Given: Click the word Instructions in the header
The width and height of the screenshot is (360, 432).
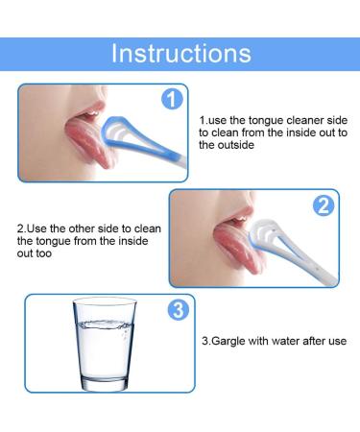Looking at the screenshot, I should pyautogui.click(x=180, y=53).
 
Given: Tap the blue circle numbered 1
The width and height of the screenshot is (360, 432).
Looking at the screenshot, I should pyautogui.click(x=171, y=100).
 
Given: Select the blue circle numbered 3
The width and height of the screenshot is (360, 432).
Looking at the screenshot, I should pyautogui.click(x=178, y=310).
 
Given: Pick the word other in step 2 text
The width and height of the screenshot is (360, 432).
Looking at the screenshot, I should pyautogui.click(x=88, y=228).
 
